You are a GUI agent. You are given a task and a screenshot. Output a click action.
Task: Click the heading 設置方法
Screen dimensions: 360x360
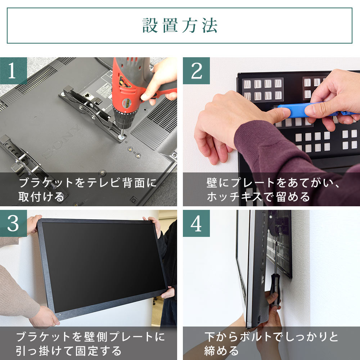pos(180,26)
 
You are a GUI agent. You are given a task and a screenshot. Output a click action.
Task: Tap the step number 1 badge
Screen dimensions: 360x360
pos(14,71)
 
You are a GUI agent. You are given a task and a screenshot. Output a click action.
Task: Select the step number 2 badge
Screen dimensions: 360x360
pos(196,71)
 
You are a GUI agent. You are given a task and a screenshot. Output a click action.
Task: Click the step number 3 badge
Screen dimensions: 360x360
pos(14,224)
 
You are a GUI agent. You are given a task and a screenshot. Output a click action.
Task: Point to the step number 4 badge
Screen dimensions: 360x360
pos(196,224)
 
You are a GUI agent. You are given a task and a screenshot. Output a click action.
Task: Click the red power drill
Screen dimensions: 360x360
pos(127,90)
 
